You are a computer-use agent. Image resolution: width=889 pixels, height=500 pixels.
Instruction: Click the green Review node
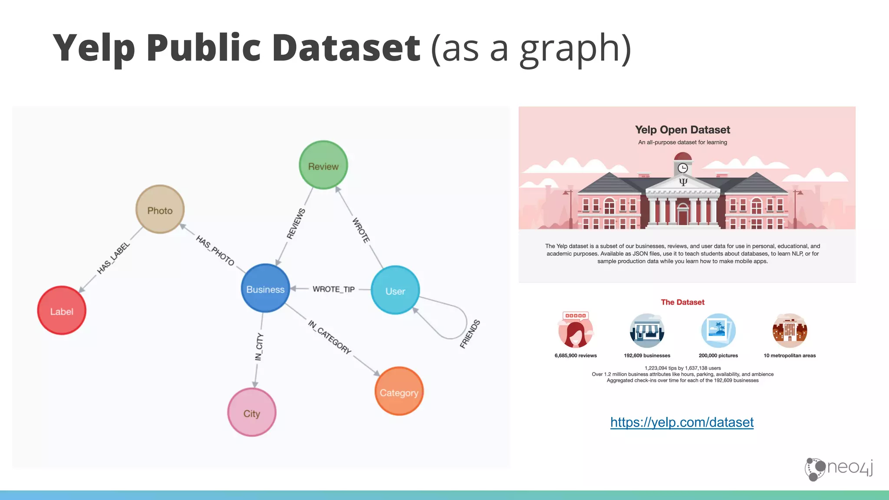[x=323, y=165]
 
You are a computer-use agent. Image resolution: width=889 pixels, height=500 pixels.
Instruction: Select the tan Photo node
[x=160, y=210]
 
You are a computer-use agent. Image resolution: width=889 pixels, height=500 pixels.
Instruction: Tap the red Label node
[x=62, y=310]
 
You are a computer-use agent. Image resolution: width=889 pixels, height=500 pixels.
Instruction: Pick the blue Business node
[x=265, y=289]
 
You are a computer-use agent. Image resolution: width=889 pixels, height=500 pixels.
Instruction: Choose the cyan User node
[x=395, y=290]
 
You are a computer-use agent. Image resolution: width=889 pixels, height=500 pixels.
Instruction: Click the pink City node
[x=252, y=412]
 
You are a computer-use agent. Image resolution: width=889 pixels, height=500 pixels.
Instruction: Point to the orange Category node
[x=399, y=391]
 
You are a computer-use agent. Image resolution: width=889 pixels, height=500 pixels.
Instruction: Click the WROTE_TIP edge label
[x=333, y=289]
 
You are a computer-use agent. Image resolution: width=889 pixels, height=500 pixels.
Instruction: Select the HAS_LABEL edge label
[x=113, y=258]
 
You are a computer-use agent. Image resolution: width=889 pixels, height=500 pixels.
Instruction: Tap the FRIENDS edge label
[x=470, y=334]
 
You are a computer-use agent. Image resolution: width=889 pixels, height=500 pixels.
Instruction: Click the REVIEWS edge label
[x=296, y=224]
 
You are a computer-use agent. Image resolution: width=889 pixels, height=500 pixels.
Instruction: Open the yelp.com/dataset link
[x=682, y=422]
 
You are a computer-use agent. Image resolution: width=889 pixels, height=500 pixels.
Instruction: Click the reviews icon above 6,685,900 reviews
[x=576, y=330]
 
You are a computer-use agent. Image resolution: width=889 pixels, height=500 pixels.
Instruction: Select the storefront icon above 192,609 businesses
[x=647, y=331]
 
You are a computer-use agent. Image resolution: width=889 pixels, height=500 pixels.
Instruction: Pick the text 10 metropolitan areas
[x=790, y=355]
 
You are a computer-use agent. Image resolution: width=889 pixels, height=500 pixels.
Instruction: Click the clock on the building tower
[x=683, y=168]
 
